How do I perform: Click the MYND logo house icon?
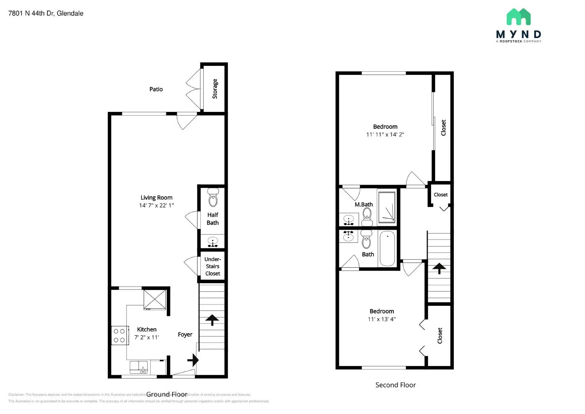518,17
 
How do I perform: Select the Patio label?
156,89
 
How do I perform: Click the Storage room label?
215,89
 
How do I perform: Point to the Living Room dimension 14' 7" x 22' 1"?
156,206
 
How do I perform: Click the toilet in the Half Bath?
213,198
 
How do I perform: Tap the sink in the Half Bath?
212,242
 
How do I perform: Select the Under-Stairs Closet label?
212,266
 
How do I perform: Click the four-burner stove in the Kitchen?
120,335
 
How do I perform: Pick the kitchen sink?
139,367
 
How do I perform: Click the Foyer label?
185,335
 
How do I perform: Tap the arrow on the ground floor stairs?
212,320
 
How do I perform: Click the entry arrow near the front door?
193,360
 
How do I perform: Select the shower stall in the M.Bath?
386,207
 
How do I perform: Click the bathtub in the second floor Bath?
387,248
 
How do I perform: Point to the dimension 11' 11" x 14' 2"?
385,135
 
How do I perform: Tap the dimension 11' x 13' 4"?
381,319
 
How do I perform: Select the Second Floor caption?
395,385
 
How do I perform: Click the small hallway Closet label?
440,195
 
